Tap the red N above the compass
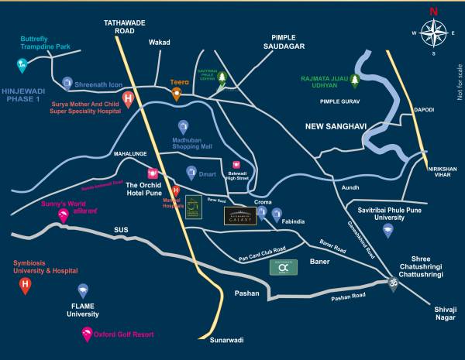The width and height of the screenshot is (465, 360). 433,11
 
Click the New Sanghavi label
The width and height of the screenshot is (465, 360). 335,126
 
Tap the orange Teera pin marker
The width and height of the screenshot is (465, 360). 177,94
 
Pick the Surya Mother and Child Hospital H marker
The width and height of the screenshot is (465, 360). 129,99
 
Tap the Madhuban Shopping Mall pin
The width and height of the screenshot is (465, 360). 182,125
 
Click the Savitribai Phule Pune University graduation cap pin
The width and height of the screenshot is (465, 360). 387,230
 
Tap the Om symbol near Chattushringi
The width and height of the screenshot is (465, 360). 393,283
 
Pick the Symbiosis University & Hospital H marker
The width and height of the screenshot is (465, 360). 26,286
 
